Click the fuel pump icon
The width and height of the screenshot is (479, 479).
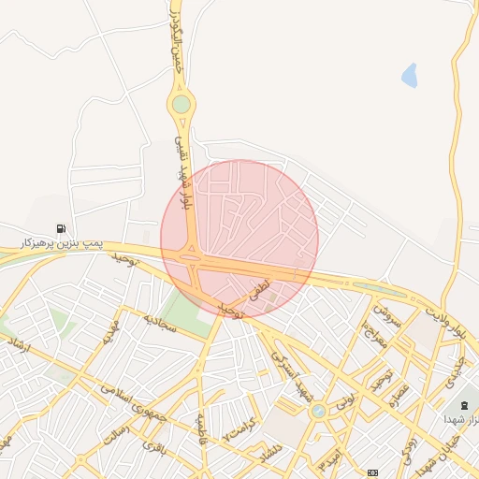(61, 228)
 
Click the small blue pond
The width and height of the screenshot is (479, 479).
(409, 75)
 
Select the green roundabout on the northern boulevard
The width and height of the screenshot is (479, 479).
(181, 104)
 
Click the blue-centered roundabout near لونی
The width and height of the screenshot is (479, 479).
(319, 410)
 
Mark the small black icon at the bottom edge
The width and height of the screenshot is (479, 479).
(373, 472)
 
